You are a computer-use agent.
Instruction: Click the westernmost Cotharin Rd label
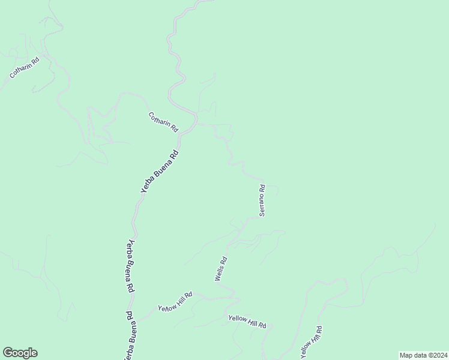pyautogui.click(x=25, y=68)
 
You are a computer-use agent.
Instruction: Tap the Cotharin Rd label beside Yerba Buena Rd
pyautogui.click(x=163, y=122)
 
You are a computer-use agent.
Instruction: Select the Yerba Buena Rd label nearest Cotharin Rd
pyautogui.click(x=160, y=171)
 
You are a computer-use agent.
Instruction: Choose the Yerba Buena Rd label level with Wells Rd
pyautogui.click(x=130, y=265)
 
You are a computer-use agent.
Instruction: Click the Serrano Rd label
pyautogui.click(x=262, y=200)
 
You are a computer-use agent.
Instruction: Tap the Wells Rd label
pyautogui.click(x=221, y=269)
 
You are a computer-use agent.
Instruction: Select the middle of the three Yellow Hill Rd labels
pyautogui.click(x=247, y=320)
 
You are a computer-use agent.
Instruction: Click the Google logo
pyautogui.click(x=20, y=353)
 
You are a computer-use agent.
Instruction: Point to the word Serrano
pyautogui.click(x=262, y=205)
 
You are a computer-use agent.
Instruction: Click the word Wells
pyautogui.click(x=219, y=273)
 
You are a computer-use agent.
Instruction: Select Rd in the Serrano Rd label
pyautogui.click(x=262, y=188)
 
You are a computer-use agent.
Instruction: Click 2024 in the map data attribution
pyautogui.click(x=438, y=355)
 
